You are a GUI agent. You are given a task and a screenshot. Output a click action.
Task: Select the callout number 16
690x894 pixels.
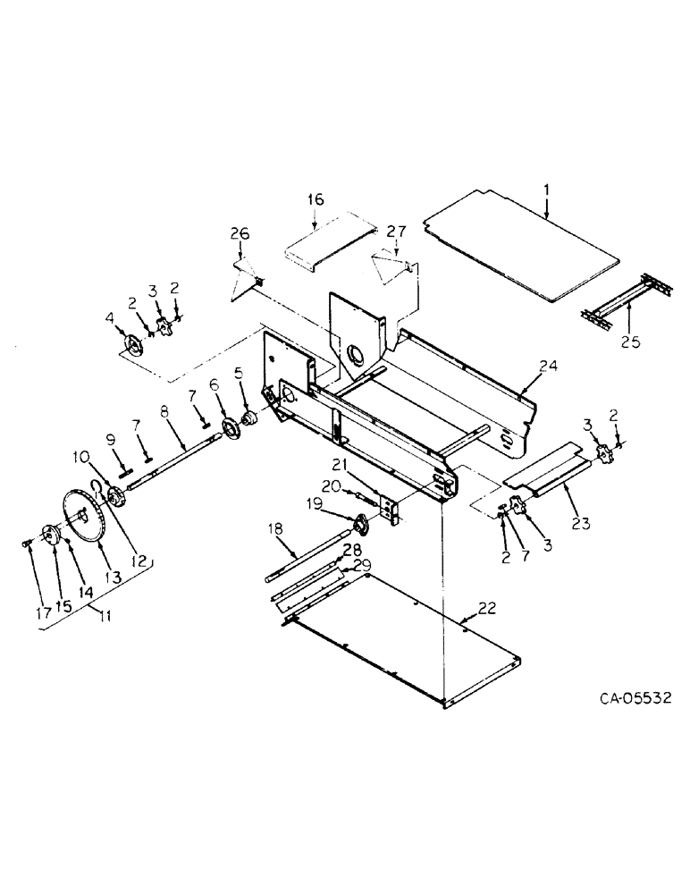316,199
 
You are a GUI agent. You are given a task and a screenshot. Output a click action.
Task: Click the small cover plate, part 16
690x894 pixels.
329,240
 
